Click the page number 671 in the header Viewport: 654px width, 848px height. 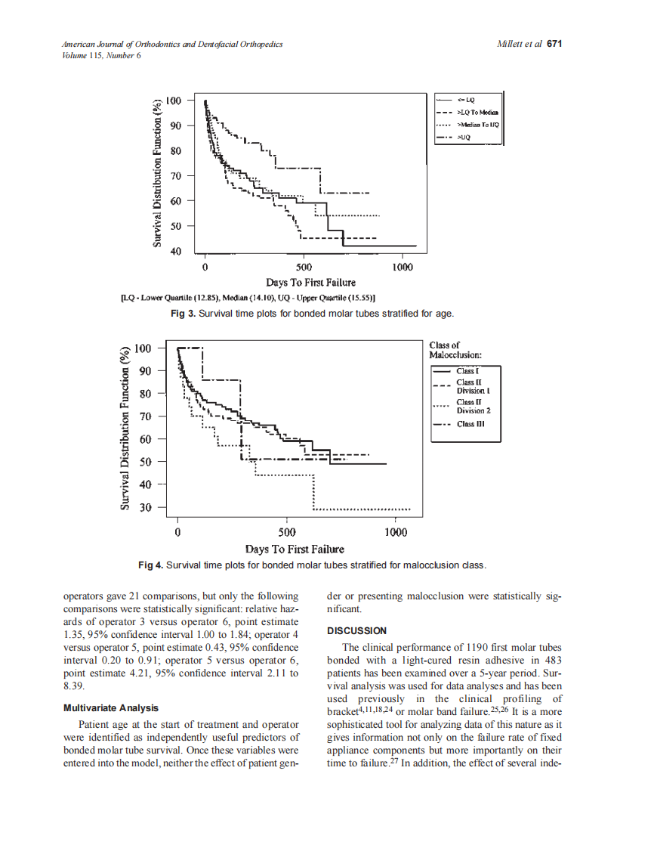(555, 45)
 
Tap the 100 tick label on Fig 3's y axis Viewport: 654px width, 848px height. (174, 101)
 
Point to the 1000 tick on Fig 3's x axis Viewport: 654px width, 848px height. (403, 268)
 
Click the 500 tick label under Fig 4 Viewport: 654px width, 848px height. (287, 532)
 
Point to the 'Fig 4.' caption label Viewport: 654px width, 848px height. (150, 565)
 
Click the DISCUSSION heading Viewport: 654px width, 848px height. (356, 631)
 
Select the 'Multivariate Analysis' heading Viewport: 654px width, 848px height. (111, 708)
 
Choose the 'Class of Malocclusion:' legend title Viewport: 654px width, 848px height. (455, 350)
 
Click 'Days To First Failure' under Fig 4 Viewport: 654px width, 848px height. (295, 549)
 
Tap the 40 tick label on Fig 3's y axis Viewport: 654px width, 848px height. (176, 251)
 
